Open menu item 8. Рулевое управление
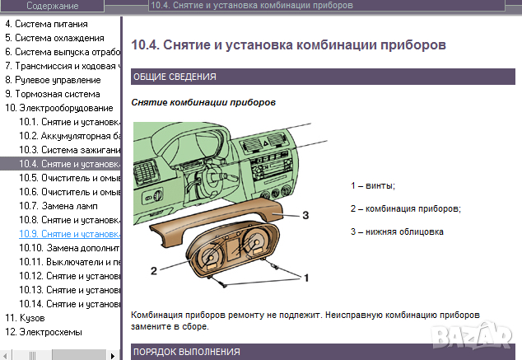pos(53,80)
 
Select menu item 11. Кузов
pos(26,317)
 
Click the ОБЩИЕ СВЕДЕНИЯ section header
pos(174,77)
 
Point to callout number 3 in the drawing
pos(305,215)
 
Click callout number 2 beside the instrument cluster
pos(153,269)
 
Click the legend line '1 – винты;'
pos(372,185)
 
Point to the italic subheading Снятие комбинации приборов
pos(203,103)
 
